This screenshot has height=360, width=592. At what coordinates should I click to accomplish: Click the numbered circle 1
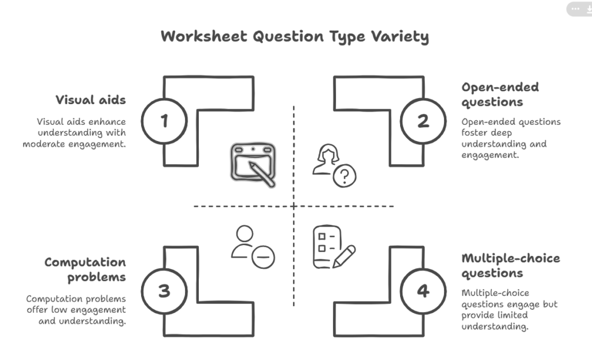point(164,121)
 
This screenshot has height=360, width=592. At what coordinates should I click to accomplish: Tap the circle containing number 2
point(423,121)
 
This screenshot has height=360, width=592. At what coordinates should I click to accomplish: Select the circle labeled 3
point(164,291)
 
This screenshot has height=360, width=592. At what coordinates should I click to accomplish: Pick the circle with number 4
point(423,291)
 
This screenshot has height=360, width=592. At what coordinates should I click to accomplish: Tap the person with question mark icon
point(334,167)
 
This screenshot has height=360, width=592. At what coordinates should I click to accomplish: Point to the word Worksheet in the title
point(205,37)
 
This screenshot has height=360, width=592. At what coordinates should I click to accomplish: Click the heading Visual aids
point(91,100)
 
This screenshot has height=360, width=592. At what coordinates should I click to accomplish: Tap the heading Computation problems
point(85,270)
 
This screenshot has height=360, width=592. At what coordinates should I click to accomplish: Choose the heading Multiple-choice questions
point(510,265)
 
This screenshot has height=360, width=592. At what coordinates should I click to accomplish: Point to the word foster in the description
point(474,133)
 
